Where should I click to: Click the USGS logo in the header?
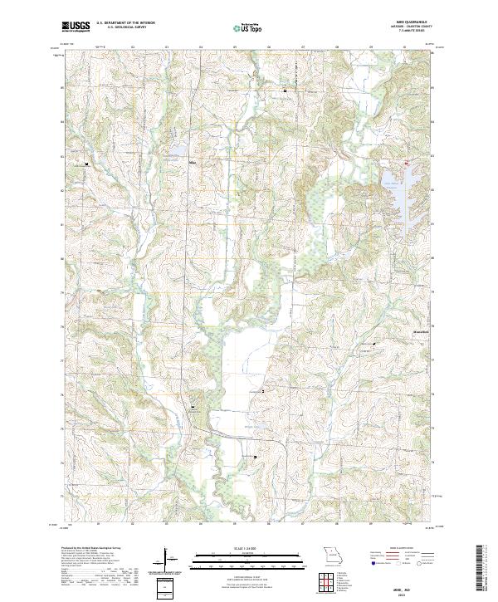click(76, 27)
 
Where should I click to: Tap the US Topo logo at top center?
click(247, 27)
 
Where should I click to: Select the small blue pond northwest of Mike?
click(177, 150)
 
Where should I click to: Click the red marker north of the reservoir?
click(406, 163)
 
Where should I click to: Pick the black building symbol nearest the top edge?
click(285, 89)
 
